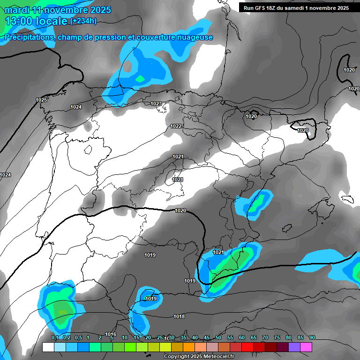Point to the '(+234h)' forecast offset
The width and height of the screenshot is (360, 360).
pyautogui.click(x=83, y=21)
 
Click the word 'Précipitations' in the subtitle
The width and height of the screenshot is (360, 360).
pyautogui.click(x=29, y=37)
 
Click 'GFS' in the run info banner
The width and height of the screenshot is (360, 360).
pyautogui.click(x=263, y=8)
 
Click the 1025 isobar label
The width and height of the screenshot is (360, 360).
pyautogui.click(x=41, y=100)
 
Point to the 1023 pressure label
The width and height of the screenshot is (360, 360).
pyautogui.click(x=156, y=104)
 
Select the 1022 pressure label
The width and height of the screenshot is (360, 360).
pyautogui.click(x=176, y=126)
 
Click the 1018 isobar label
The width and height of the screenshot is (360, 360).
pyautogui.click(x=179, y=316)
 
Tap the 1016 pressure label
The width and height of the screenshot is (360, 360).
pyautogui.click(x=111, y=334)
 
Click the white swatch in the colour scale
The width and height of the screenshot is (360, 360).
pyautogui.click(x=48, y=347)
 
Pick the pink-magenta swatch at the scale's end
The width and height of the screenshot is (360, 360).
pyautogui.click(x=306, y=347)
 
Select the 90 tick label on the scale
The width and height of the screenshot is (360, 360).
pyautogui.click(x=312, y=338)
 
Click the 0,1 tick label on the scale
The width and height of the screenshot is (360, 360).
pyautogui.click(x=55, y=338)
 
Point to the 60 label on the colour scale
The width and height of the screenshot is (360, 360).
pyautogui.click(x=242, y=338)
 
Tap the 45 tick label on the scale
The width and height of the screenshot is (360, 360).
pyautogui.click(x=207, y=338)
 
